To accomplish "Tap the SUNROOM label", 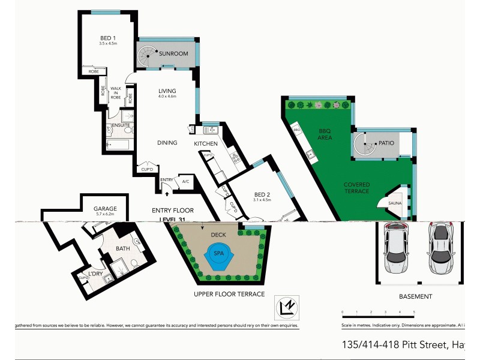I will click(174, 53).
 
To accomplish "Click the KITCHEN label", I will click(205, 144).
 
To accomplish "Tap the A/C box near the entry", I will click(185, 182).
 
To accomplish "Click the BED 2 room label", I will click(263, 194).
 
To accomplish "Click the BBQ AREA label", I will click(325, 134).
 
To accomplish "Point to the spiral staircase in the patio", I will click(364, 145).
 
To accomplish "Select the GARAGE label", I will click(105, 208).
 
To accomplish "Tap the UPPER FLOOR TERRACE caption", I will click(229, 294).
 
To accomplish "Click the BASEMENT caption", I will click(415, 296).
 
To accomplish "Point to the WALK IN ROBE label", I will click(115, 92).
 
